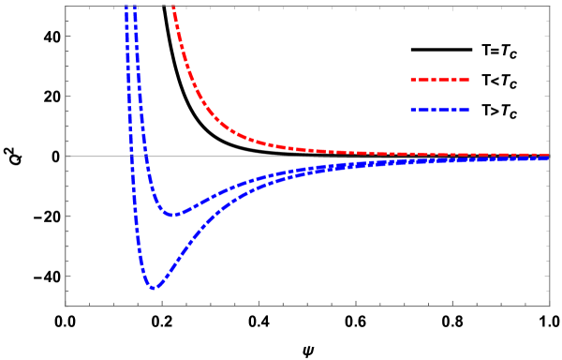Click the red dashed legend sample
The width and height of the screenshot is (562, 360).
[439, 81]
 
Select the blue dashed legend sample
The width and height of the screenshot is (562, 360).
[439, 111]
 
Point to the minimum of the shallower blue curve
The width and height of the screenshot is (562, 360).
[173, 215]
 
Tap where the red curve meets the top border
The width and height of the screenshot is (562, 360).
[173, 7]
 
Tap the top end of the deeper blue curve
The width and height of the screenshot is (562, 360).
[126, 7]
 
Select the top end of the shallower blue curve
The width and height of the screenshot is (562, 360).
[135, 7]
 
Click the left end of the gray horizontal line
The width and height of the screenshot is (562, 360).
[67, 156]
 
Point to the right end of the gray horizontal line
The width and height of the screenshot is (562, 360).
[549, 156]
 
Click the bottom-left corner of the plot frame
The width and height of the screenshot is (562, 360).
[66, 306]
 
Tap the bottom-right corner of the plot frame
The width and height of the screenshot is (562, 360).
[550, 306]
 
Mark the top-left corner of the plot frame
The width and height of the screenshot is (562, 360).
[66, 7]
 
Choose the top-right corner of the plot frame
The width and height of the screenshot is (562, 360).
[550, 7]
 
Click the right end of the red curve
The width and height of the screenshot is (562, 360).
[548, 155]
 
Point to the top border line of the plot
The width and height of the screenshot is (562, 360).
[356, 7]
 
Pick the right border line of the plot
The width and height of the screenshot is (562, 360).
[550, 234]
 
